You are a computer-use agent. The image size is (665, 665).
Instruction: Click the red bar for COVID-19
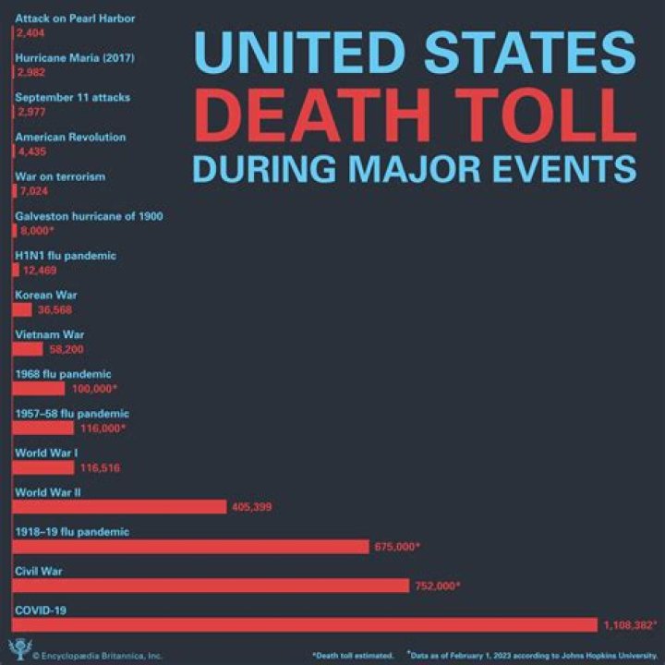click(305, 624)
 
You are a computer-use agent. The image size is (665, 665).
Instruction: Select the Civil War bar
click(211, 586)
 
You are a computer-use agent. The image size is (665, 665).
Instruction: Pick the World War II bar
click(119, 506)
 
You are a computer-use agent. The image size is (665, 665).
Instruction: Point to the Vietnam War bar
click(28, 349)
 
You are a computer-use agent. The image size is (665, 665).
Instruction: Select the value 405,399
click(251, 507)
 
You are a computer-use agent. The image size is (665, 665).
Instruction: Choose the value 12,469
click(43, 271)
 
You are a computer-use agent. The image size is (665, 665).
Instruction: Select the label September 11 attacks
click(73, 97)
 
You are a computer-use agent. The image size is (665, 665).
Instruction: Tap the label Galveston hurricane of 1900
click(89, 216)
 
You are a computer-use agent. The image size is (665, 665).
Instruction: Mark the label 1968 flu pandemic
click(63, 374)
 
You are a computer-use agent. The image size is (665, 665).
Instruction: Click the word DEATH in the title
click(308, 115)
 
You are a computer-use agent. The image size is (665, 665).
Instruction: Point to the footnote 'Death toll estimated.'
click(353, 655)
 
